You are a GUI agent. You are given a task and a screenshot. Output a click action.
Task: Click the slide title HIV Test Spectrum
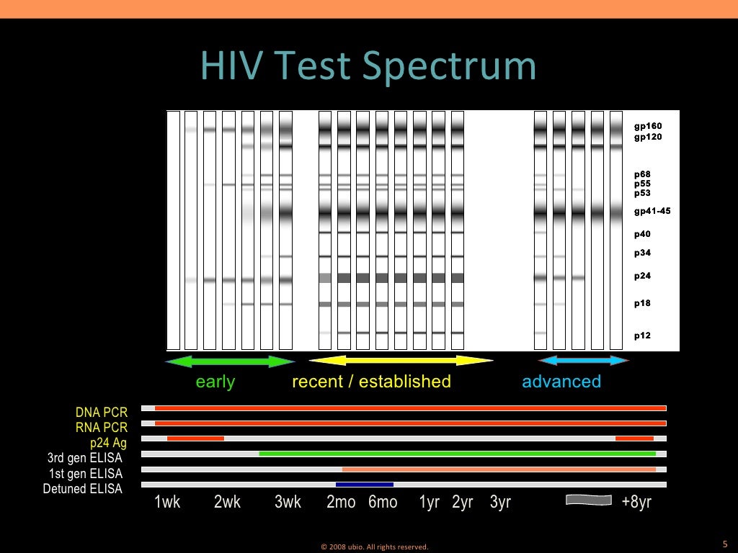[x=369, y=66]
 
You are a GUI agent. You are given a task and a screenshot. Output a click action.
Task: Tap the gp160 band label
[x=647, y=126]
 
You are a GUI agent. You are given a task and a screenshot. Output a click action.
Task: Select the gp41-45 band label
[x=652, y=211]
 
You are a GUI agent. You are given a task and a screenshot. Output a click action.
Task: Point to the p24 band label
[x=642, y=276]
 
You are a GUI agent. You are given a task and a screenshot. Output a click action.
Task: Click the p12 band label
[x=642, y=336]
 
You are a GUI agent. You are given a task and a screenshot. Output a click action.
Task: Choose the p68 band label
[x=642, y=174]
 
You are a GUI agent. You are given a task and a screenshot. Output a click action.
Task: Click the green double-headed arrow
[x=230, y=361]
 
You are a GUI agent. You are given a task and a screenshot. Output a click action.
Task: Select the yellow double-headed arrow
[x=401, y=360]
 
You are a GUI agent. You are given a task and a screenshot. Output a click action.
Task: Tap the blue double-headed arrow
[x=584, y=360]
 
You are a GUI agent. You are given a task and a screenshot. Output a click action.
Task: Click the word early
[x=215, y=382]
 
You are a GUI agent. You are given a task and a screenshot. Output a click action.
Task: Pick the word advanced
[x=561, y=382]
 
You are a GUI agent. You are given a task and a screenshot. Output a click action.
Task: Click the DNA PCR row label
[x=102, y=413]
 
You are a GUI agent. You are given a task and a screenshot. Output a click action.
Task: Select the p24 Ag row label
[x=108, y=443]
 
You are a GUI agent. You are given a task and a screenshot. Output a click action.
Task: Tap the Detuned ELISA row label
[x=83, y=489]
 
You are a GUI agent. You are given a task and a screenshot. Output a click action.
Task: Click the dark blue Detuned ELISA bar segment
[x=365, y=485]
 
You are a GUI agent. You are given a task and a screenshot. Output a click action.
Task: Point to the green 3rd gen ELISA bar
[x=457, y=454]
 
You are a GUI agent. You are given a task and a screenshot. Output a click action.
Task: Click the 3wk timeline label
[x=288, y=503]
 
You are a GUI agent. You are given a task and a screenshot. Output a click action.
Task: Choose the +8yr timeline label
[x=636, y=503]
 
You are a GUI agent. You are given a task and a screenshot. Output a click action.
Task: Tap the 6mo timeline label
[x=383, y=503]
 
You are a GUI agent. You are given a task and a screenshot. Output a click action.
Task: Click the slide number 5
[x=724, y=544]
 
